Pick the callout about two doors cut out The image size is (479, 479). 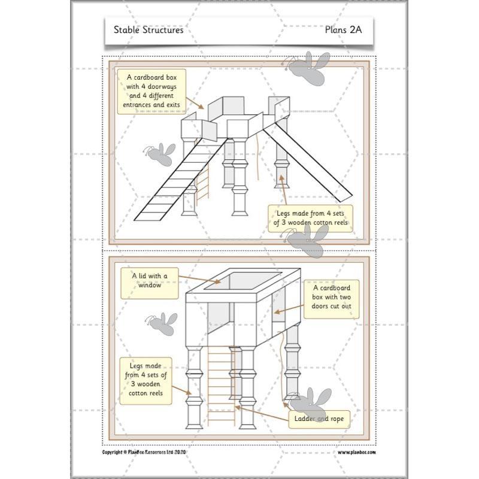click(x=331, y=298)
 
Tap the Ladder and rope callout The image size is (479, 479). click(x=319, y=419)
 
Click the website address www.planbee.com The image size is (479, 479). click(x=357, y=453)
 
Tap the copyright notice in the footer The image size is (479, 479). click(x=145, y=453)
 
